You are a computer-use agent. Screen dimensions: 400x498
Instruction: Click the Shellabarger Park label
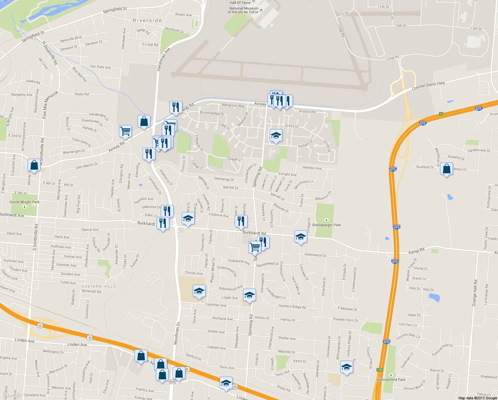click(x=326, y=225)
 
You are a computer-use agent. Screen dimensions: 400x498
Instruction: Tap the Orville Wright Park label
click(x=24, y=202)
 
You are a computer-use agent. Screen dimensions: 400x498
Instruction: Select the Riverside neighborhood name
click(x=147, y=21)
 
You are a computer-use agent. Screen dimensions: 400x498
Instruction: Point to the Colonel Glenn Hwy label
click(x=428, y=86)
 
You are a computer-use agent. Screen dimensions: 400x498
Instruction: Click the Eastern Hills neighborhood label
click(x=99, y=286)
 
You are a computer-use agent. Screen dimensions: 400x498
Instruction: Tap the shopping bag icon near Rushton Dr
click(x=446, y=169)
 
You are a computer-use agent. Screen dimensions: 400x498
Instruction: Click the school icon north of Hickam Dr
click(x=276, y=136)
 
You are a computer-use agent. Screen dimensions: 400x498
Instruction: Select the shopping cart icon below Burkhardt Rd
click(x=255, y=247)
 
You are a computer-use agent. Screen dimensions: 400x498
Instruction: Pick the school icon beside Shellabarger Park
click(x=300, y=237)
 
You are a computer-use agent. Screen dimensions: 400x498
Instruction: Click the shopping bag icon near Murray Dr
click(x=34, y=165)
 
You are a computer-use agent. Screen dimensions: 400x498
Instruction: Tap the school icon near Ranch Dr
click(x=347, y=367)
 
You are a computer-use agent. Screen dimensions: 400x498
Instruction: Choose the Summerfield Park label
click(x=391, y=380)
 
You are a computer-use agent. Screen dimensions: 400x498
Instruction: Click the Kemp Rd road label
click(x=416, y=251)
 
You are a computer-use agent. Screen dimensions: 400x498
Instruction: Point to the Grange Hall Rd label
click(x=475, y=293)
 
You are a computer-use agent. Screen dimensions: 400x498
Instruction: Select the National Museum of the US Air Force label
click(x=244, y=10)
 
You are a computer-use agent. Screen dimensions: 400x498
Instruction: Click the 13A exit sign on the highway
click(x=379, y=370)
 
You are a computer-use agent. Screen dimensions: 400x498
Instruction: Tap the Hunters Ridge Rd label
click(x=292, y=306)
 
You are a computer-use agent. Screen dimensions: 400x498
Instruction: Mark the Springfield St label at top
click(x=115, y=10)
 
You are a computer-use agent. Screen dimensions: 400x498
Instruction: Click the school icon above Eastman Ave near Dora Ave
click(x=199, y=291)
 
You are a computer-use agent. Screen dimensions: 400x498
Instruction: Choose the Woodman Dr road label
click(x=177, y=333)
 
